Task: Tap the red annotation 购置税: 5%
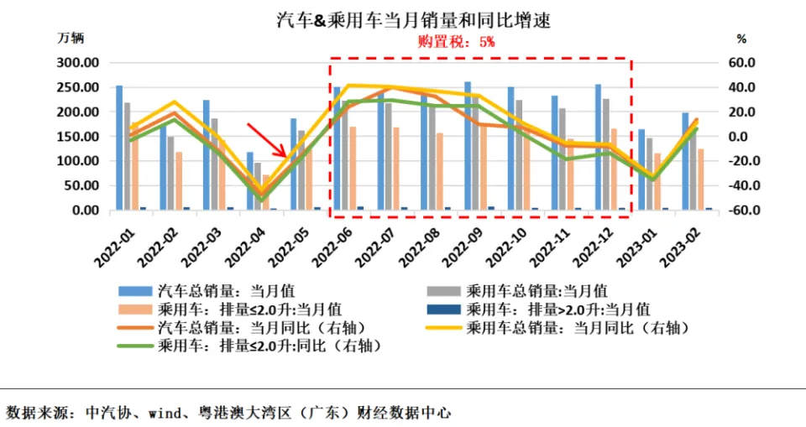coord(457,40)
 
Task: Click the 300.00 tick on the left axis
coord(78,63)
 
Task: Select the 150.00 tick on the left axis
coord(78,137)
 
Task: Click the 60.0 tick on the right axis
coord(742,63)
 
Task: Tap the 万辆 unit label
coord(71,39)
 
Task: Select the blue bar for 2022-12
coord(599,147)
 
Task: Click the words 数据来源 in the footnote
coord(34,413)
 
